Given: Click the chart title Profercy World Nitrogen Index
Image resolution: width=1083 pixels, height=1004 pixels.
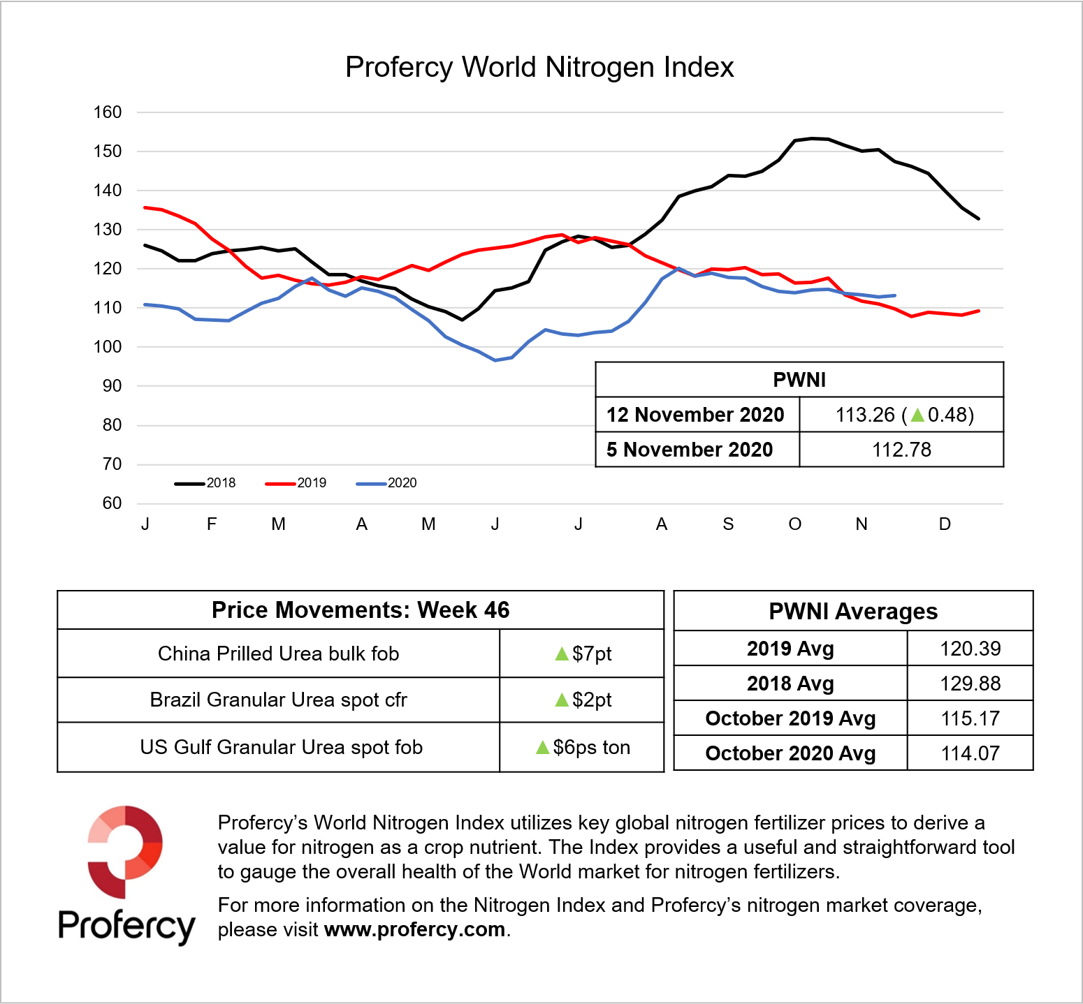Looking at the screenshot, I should (539, 68).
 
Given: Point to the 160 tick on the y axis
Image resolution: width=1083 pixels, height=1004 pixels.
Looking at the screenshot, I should (108, 112).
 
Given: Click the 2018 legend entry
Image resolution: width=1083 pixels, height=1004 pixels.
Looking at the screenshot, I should (206, 483).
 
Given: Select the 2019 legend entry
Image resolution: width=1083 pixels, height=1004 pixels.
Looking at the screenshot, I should (297, 483).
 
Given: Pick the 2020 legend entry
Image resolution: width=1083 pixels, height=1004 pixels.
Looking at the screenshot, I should (387, 483).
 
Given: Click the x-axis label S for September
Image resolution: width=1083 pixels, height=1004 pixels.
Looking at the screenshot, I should (728, 524).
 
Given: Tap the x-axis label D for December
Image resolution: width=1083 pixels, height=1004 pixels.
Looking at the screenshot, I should (945, 524).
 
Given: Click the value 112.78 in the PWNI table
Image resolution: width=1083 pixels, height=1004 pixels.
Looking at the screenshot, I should (901, 450).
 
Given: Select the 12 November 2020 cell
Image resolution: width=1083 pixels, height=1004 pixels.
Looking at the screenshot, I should (695, 415).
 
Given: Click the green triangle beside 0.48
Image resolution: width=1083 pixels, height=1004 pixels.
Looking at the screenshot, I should (917, 415).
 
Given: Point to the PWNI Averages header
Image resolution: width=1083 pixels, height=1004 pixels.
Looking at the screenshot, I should (853, 612).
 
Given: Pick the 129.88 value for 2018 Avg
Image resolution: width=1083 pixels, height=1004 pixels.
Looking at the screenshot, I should (970, 684).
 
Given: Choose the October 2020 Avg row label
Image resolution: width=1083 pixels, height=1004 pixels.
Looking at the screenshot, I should (790, 753).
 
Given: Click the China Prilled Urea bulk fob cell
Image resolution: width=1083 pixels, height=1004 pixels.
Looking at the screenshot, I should (278, 654).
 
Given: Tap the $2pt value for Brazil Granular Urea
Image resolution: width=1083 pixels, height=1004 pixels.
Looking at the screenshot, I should (583, 700).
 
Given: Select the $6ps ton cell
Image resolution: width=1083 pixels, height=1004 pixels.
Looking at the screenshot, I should (583, 748).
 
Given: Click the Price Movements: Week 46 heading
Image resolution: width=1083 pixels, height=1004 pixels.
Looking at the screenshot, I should (361, 610).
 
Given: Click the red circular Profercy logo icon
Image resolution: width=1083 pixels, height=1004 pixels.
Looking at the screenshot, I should (125, 851).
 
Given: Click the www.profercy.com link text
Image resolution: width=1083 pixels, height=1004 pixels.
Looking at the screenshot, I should (415, 930).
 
